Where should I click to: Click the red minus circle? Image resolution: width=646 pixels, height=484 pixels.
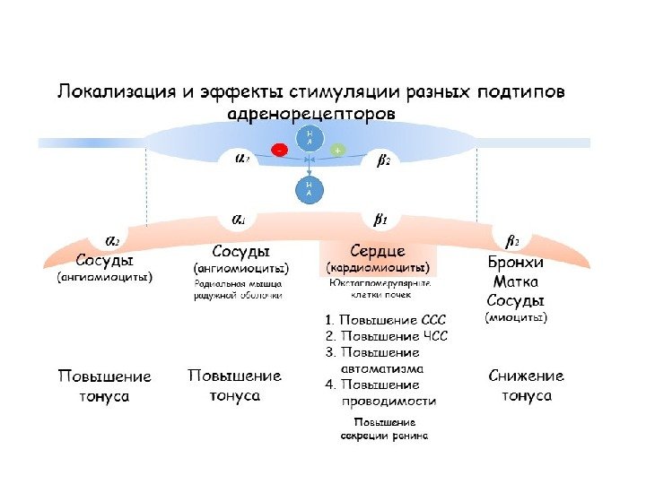point(281,151)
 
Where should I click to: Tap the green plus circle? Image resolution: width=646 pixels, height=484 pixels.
point(337,151)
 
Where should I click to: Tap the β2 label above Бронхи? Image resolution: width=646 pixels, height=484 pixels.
point(513,240)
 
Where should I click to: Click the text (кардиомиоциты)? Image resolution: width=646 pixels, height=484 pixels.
point(378,267)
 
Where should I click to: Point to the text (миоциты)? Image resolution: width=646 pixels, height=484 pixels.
point(516,316)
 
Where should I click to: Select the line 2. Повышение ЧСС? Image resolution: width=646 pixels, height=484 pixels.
point(385,336)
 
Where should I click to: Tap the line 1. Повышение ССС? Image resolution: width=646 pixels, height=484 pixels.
point(385,319)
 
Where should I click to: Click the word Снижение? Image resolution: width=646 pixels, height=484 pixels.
point(527,376)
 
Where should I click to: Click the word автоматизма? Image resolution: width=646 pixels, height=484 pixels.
point(382,367)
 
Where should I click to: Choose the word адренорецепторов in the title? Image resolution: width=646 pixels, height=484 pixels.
point(312,115)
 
